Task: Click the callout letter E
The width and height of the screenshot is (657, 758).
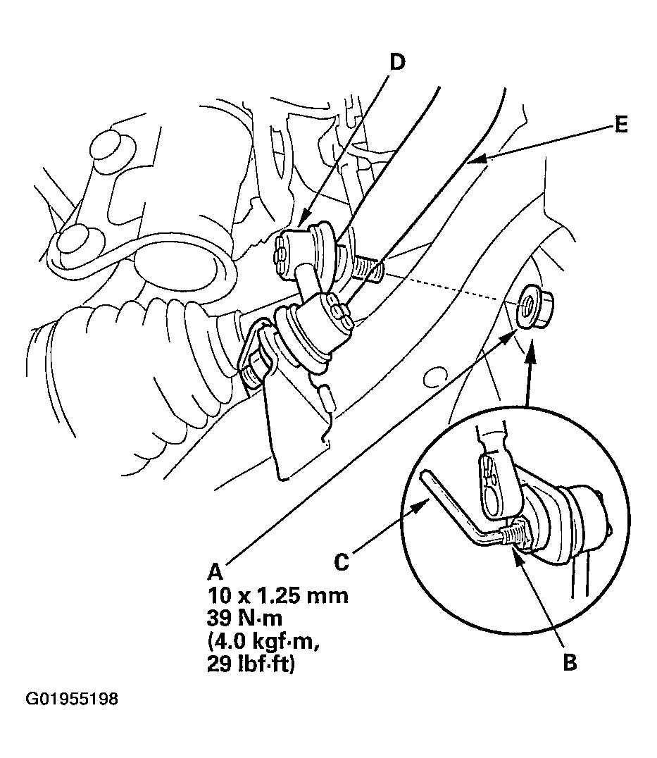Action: point(622,125)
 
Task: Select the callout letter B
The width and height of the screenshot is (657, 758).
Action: point(570,662)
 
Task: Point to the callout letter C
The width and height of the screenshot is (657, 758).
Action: point(342,562)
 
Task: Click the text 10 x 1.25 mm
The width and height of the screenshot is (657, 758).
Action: point(277,595)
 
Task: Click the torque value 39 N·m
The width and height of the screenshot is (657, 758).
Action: point(244,619)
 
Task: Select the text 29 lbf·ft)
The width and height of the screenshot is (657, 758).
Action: point(250,665)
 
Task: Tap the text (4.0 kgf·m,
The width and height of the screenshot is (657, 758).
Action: point(264,642)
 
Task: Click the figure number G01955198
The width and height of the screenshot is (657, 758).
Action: point(72,699)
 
